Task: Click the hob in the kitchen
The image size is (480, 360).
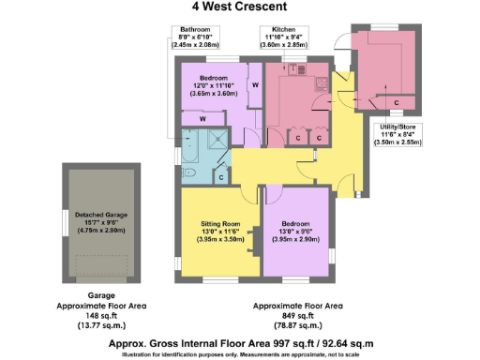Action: tap(322, 82)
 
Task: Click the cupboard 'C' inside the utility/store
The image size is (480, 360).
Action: tap(397, 100)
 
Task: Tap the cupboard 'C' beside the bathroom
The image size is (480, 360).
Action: tap(220, 175)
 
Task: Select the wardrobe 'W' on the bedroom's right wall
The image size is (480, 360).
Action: tap(254, 84)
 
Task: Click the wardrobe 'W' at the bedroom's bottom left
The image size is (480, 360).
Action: tap(201, 119)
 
